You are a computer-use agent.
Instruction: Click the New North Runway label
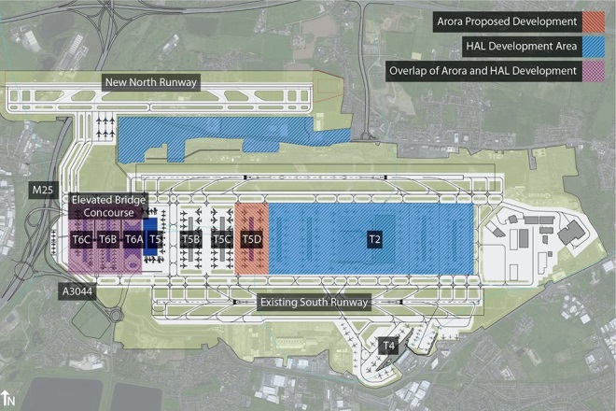[151, 83]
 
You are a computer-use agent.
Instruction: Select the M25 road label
[42, 191]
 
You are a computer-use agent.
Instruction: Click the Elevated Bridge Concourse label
[105, 206]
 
